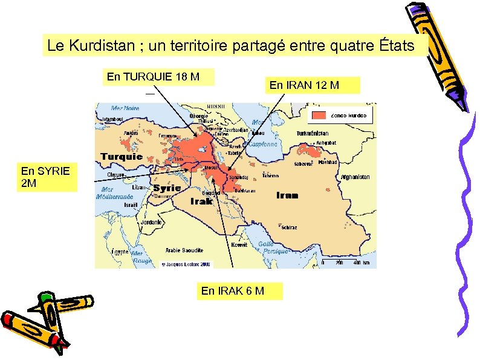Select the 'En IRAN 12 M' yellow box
coord(313,85)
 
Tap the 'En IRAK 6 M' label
coord(233,291)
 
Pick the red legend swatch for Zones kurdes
coord(319,116)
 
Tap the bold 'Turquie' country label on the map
coord(121,156)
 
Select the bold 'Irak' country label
coord(202,201)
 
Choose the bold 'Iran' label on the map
coord(287,195)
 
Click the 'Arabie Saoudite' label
coord(184,250)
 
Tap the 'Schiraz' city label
coord(290,227)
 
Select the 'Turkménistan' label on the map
coord(313,133)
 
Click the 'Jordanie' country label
coord(151,222)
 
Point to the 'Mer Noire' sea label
coord(125,108)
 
